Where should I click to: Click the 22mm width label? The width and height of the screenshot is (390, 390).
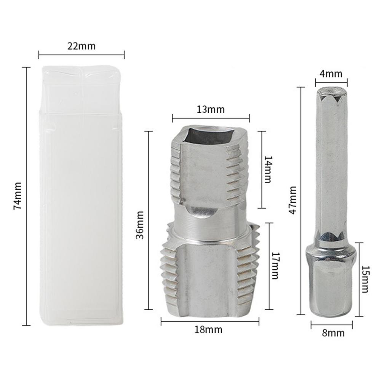click(x=82, y=46)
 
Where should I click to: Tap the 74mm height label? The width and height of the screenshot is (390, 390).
click(x=18, y=196)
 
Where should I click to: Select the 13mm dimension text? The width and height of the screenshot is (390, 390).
click(x=210, y=109)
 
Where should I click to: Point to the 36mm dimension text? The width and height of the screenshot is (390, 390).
click(x=140, y=225)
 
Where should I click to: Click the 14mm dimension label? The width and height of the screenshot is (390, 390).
click(x=268, y=169)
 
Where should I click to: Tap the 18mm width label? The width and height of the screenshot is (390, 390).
click(x=208, y=329)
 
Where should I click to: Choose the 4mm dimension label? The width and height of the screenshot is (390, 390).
click(x=331, y=74)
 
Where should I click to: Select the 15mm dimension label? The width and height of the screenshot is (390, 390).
click(x=365, y=279)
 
